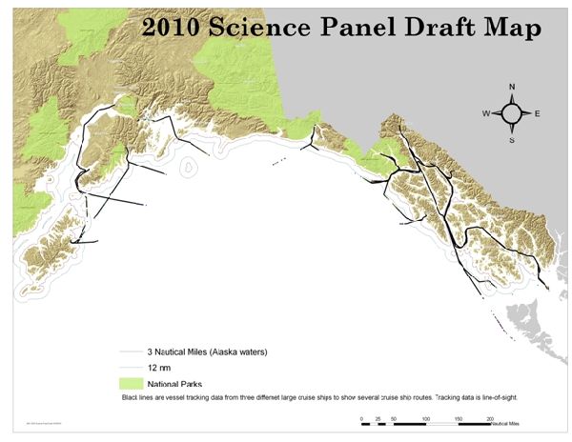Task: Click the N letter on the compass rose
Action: (512, 88)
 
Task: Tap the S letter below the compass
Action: (512, 140)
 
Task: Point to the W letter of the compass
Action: (485, 114)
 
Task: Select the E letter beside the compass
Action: (537, 114)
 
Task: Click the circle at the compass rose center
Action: (512, 114)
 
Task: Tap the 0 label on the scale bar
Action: (361, 418)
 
